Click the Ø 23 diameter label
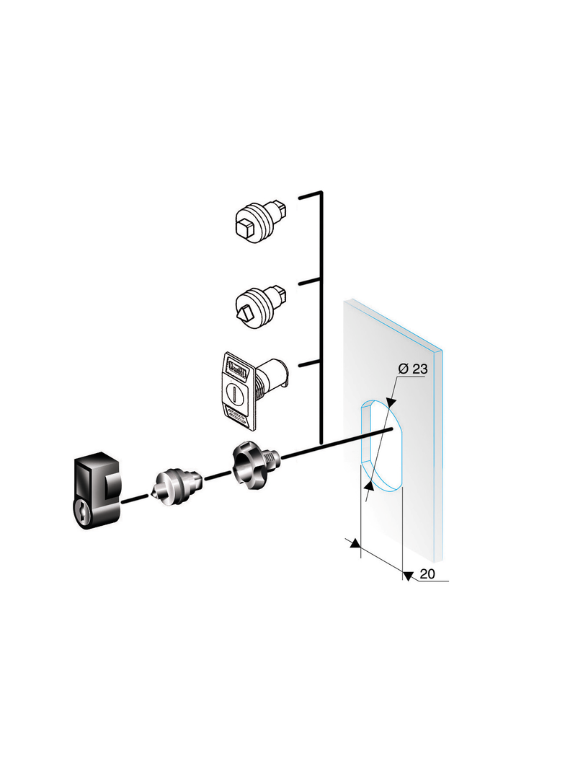point(413,369)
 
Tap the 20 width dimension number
point(427,574)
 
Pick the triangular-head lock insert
point(261,304)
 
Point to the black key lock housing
point(97,491)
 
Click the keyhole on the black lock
point(84,513)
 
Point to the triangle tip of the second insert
point(244,312)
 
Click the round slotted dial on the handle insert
point(233,393)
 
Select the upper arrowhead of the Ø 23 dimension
point(391,403)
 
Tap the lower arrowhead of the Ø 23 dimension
point(368,485)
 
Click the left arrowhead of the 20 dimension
point(355,543)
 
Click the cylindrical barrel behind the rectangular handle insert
point(272,377)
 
